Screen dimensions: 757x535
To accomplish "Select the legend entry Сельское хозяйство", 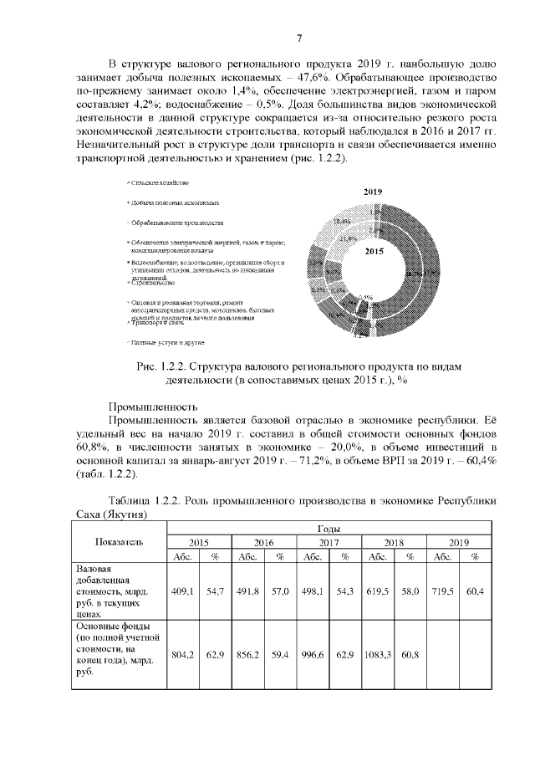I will (158, 182).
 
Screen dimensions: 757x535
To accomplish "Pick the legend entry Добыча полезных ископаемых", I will (175, 203).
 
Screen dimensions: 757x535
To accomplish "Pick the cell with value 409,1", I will (182, 591).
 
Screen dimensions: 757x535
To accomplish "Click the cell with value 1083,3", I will (376, 655).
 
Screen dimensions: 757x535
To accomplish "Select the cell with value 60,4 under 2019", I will (475, 591).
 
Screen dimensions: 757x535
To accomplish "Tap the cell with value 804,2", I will (182, 655).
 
